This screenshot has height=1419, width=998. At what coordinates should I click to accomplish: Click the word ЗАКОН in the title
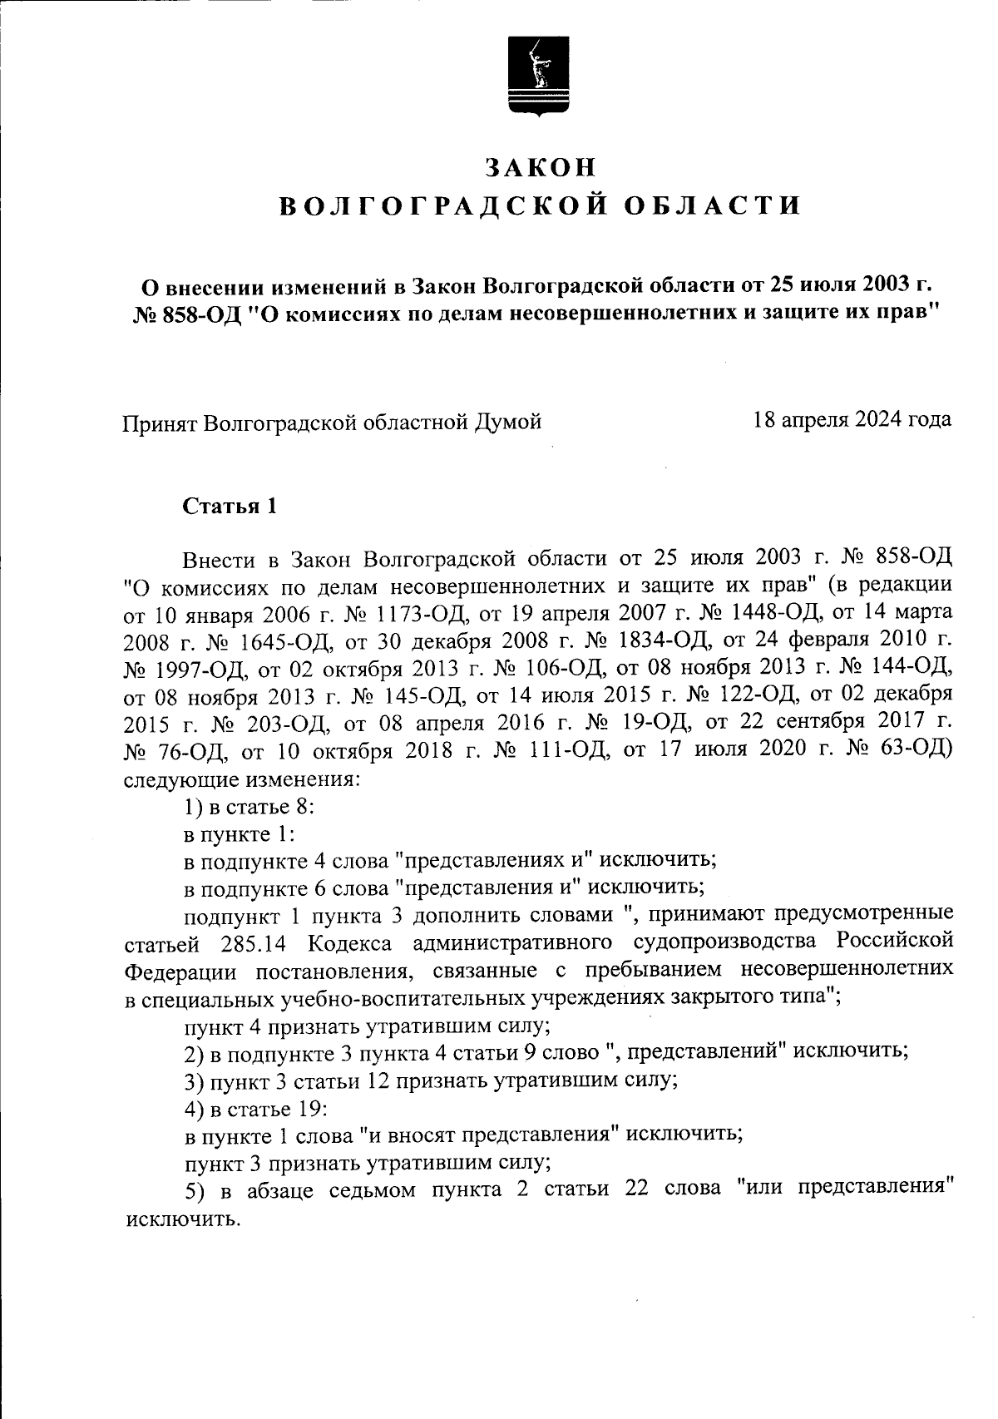click(x=541, y=167)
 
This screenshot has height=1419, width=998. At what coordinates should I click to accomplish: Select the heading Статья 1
click(x=230, y=506)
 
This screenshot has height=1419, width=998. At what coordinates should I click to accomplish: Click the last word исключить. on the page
click(x=182, y=1220)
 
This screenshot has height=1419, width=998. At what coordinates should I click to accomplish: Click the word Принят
click(x=160, y=423)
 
